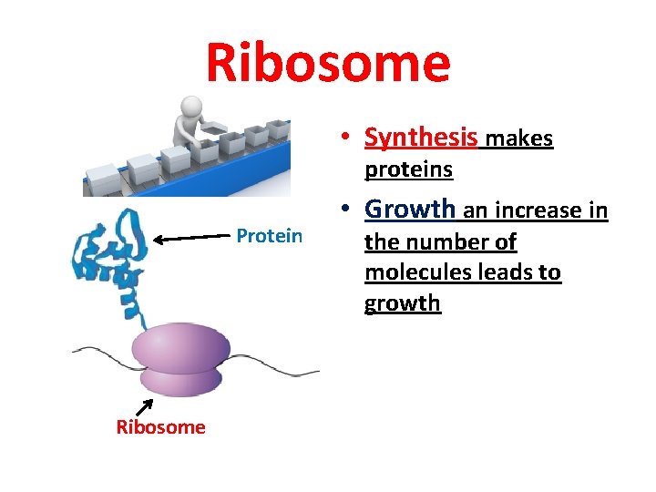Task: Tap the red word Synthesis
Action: [421, 138]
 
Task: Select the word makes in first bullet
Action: [518, 138]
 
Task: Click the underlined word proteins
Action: [408, 170]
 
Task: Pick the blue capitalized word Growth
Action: [409, 210]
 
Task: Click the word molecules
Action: [410, 273]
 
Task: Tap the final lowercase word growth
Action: [402, 304]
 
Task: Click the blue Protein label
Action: [269, 236]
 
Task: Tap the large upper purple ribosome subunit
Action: [181, 347]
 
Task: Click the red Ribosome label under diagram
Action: [161, 427]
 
